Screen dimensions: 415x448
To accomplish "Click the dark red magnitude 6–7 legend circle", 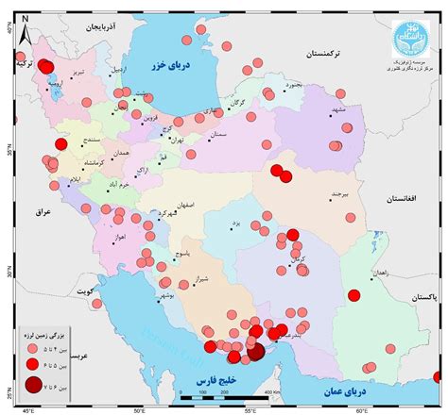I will (33, 384).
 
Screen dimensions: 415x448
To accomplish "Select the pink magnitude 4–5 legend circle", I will (33, 347).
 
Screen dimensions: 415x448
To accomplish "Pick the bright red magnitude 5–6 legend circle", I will (33, 364).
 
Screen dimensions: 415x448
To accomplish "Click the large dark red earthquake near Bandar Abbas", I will (255, 353).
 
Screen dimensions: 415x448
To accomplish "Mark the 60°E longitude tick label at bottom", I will (362, 410).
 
